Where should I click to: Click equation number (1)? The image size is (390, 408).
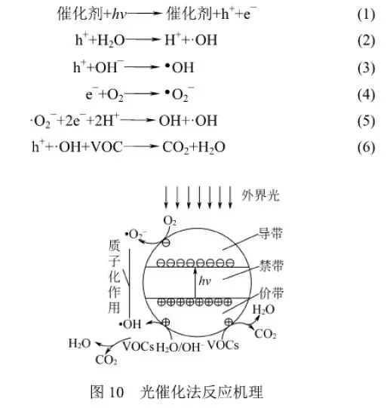[366, 14]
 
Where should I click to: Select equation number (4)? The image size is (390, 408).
[366, 94]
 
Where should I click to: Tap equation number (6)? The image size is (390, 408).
[366, 148]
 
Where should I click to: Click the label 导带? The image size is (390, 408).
[271, 233]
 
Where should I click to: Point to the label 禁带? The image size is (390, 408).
[272, 265]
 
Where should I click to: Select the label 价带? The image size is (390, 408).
[272, 293]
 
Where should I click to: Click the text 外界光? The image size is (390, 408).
[260, 195]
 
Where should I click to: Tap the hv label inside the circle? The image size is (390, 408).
[205, 281]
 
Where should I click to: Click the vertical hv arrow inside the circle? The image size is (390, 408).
[195, 283]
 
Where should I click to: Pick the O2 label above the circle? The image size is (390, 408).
[170, 221]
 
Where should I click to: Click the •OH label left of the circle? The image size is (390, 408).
[130, 324]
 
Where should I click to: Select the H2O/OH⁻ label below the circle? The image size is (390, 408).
[179, 347]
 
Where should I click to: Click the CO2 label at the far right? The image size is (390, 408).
[266, 334]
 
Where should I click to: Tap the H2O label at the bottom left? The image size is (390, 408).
[80, 343]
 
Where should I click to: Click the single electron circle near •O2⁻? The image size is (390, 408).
[166, 243]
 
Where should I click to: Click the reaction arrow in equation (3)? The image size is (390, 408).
[142, 67]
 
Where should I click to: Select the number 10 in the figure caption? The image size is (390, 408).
[116, 392]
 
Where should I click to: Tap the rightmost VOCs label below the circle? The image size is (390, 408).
[223, 345]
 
